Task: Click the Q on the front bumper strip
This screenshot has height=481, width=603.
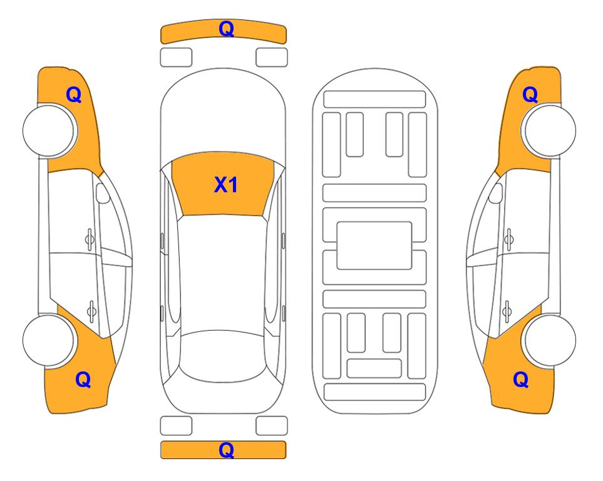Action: pyautogui.click(x=226, y=29)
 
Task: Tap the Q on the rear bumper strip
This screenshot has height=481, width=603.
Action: pyautogui.click(x=226, y=450)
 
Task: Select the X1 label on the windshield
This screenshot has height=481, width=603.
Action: pyautogui.click(x=226, y=185)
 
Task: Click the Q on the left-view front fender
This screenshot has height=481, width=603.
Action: pyautogui.click(x=74, y=95)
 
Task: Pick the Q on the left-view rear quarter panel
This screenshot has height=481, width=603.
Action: pyautogui.click(x=83, y=380)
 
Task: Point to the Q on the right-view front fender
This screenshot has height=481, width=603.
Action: pyautogui.click(x=530, y=95)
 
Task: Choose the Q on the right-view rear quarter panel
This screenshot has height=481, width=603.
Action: pyautogui.click(x=521, y=380)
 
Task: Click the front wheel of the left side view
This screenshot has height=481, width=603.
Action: pyautogui.click(x=49, y=130)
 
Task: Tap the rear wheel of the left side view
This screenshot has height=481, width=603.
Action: pyautogui.click(x=49, y=340)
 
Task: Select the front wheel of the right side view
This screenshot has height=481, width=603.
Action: pyautogui.click(x=550, y=130)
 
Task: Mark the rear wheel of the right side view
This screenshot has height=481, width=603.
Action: pyautogui.click(x=550, y=340)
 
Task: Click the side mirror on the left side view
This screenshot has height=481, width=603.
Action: pyautogui.click(x=103, y=193)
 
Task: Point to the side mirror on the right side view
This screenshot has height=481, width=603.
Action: pyautogui.click(x=496, y=193)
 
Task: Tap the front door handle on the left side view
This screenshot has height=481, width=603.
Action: pyautogui.click(x=90, y=240)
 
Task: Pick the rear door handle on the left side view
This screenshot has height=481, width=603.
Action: pyautogui.click(x=91, y=311)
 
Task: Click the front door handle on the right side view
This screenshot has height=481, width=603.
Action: pyautogui.click(x=509, y=240)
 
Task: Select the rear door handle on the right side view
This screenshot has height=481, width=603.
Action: pyautogui.click(x=507, y=311)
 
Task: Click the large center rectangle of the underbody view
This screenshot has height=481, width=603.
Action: pyautogui.click(x=374, y=246)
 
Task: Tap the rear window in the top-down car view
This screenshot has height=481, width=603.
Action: pyautogui.click(x=224, y=356)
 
